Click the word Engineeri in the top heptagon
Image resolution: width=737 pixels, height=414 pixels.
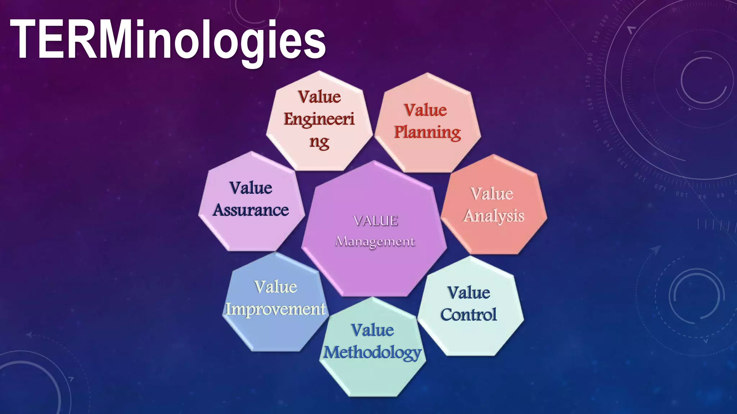319,119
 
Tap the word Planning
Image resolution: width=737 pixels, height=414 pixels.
427,132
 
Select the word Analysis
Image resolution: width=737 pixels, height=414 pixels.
494,216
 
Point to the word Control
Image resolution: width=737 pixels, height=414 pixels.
469,315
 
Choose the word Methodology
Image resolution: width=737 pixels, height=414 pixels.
372,353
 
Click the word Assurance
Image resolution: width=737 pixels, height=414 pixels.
251,210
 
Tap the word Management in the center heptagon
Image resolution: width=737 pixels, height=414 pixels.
375,241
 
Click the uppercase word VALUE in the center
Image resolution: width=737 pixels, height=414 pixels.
375,221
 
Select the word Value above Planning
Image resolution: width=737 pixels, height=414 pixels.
425,110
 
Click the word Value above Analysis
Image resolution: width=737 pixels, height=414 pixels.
492,194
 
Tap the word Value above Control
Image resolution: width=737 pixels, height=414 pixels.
469,293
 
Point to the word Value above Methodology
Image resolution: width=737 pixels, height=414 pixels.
372,330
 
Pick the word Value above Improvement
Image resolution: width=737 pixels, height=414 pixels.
276,287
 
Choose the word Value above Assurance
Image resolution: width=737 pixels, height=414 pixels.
251,188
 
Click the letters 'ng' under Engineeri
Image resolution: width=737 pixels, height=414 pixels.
319,142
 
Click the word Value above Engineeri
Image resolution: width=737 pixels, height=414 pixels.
320,97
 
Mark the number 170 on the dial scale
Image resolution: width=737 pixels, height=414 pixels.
588,82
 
